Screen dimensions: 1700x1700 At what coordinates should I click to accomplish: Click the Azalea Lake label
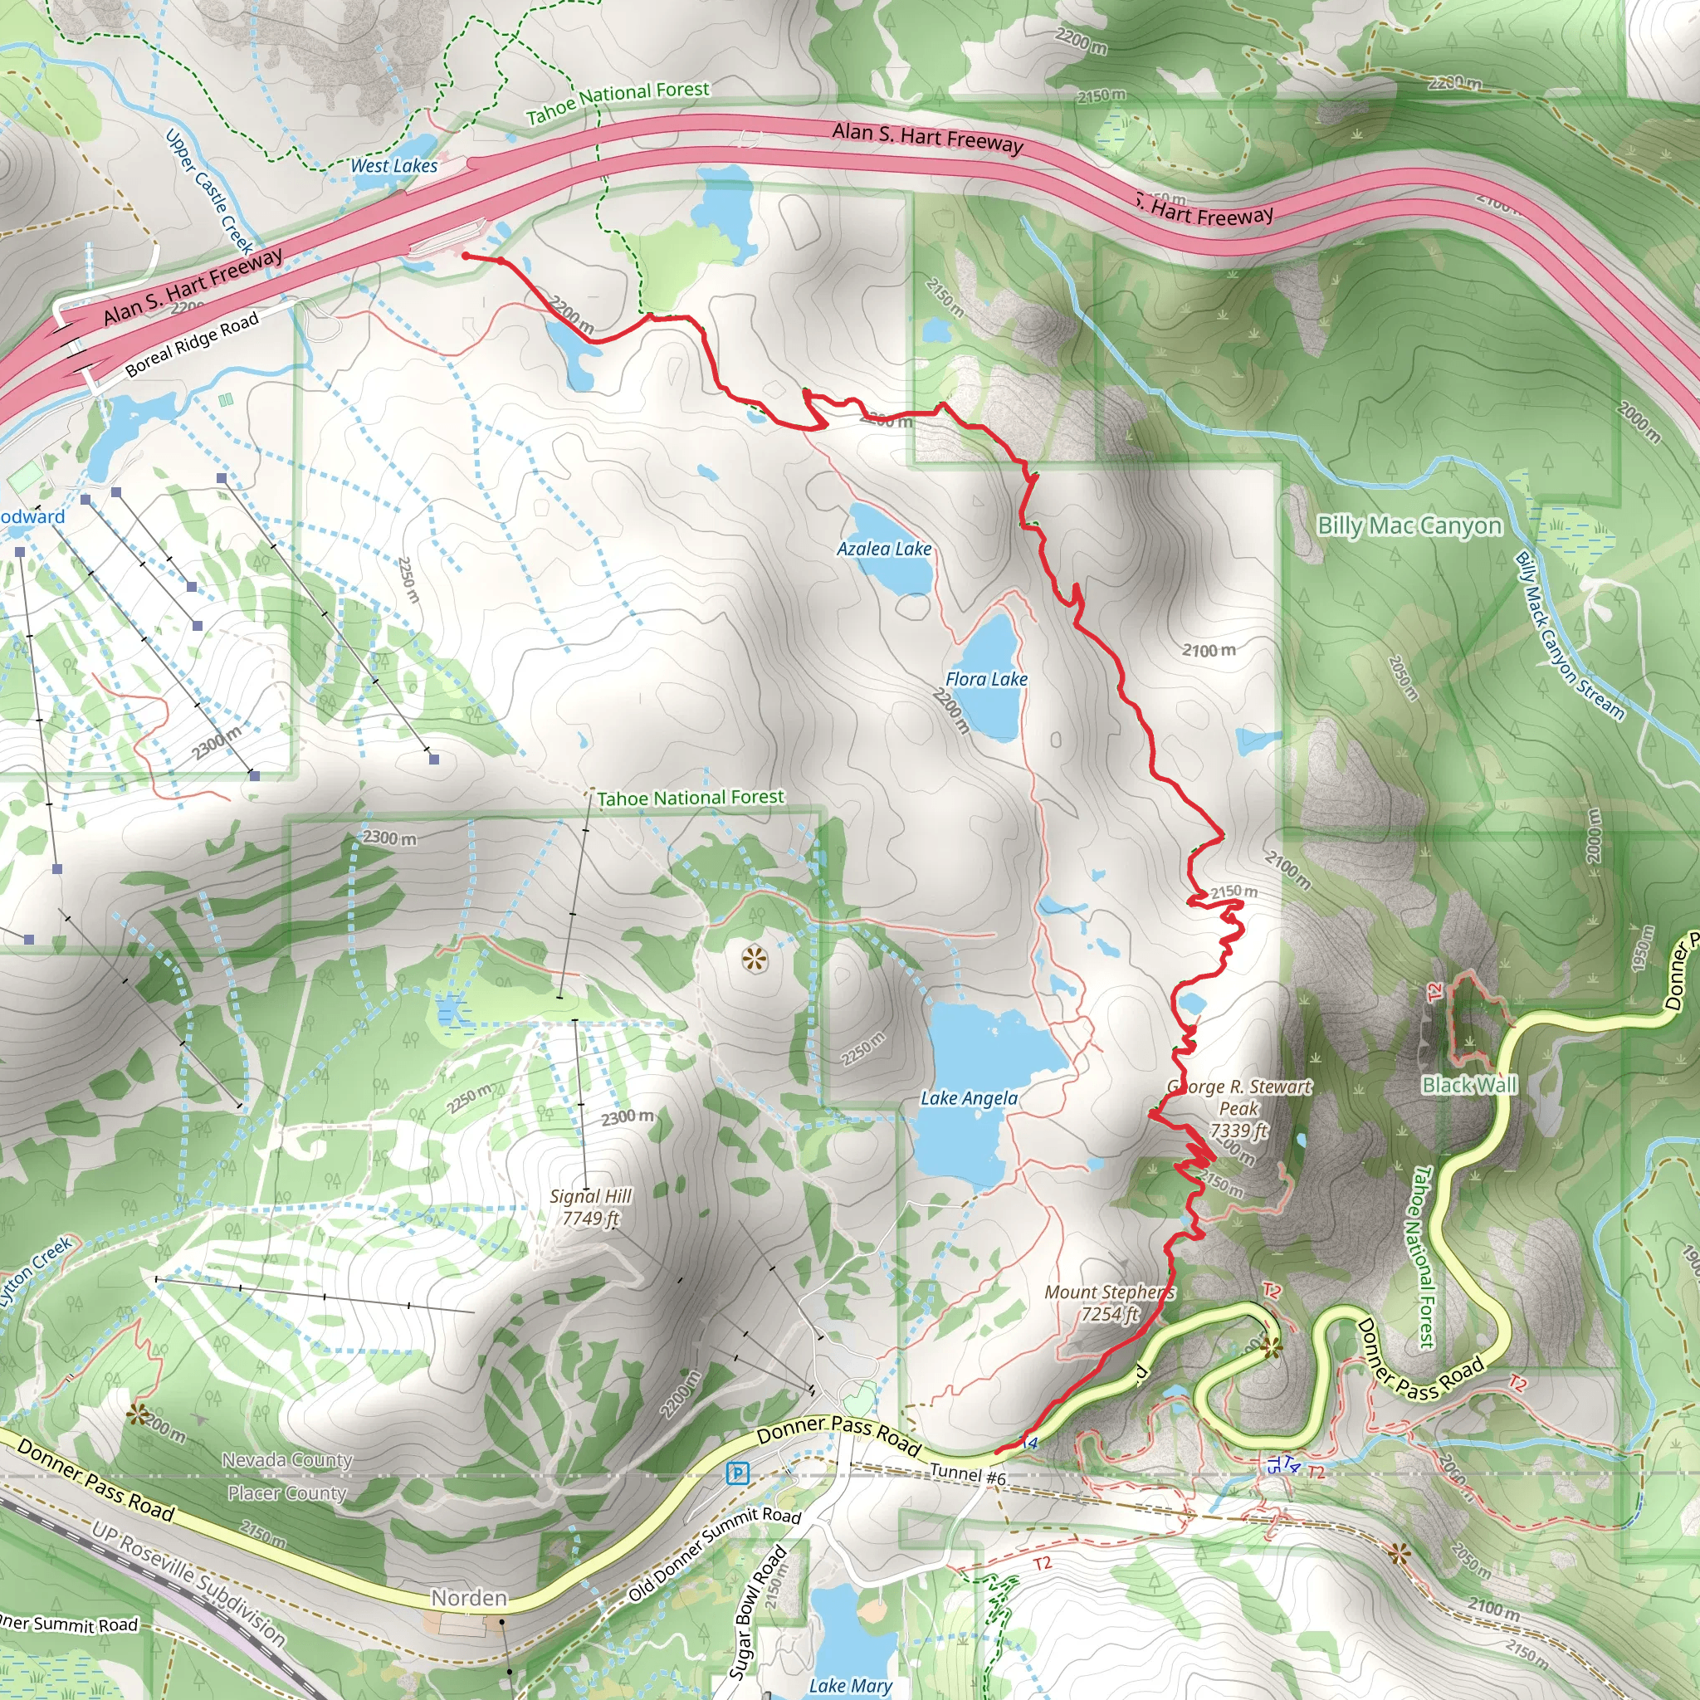pyautogui.click(x=883, y=549)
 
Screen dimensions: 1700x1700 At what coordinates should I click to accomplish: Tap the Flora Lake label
pyautogui.click(x=985, y=679)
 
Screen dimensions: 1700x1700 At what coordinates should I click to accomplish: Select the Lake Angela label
pyautogui.click(x=969, y=1098)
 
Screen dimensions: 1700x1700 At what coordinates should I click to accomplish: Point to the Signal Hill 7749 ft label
pyautogui.click(x=590, y=1207)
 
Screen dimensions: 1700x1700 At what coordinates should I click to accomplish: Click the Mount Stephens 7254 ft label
pyautogui.click(x=1109, y=1302)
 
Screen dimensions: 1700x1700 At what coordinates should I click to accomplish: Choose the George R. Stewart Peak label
pyautogui.click(x=1239, y=1109)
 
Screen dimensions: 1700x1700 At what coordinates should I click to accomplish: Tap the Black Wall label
pyautogui.click(x=1469, y=1084)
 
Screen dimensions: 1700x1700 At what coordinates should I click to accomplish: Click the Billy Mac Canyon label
pyautogui.click(x=1409, y=525)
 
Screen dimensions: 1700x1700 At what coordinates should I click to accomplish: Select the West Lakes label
pyautogui.click(x=393, y=165)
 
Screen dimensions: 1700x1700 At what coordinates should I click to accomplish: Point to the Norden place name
pyautogui.click(x=469, y=1598)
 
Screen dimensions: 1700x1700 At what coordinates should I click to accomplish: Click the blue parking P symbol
pyautogui.click(x=738, y=1473)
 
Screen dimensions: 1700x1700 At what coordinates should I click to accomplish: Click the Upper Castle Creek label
pyautogui.click(x=209, y=192)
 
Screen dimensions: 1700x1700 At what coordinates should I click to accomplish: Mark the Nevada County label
pyautogui.click(x=287, y=1461)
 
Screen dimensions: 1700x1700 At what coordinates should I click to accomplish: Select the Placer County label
pyautogui.click(x=287, y=1493)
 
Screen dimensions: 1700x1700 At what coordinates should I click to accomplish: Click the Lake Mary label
pyautogui.click(x=850, y=1685)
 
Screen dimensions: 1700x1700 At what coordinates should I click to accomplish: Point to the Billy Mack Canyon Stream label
pyautogui.click(x=1568, y=635)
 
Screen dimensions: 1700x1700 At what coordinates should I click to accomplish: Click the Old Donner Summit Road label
pyautogui.click(x=714, y=1554)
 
